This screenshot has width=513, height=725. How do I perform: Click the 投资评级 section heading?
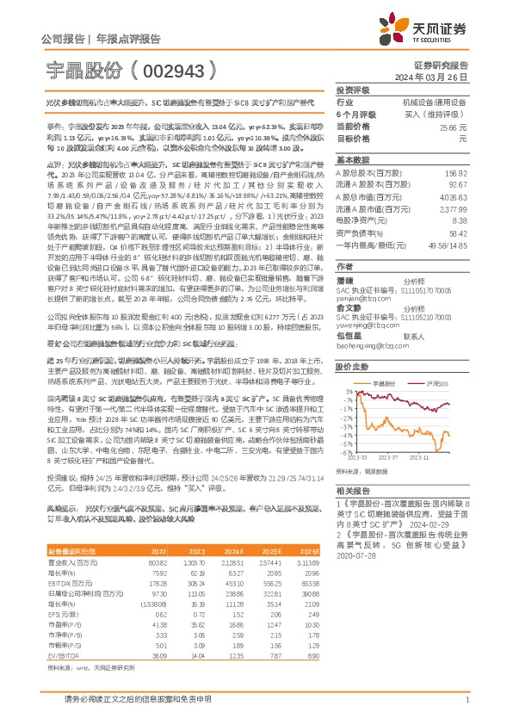click(x=353, y=90)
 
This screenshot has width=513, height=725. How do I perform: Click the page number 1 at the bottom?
click(x=467, y=699)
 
